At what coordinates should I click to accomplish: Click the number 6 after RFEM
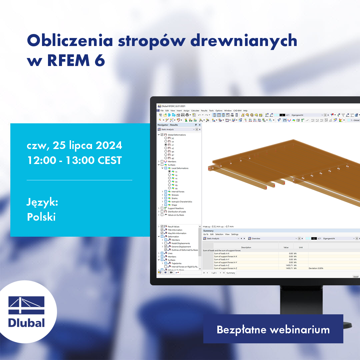100,60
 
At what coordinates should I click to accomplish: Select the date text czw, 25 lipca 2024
74,146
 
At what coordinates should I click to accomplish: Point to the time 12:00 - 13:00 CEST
74,160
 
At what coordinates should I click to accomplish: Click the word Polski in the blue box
41,217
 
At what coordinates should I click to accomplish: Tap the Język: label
42,202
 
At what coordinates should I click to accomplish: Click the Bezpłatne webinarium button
273,329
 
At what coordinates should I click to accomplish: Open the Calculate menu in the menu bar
195,111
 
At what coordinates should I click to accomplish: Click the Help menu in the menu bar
245,111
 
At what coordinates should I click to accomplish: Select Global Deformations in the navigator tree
177,135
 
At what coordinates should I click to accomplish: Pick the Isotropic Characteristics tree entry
182,202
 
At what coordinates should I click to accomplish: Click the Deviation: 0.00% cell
316,268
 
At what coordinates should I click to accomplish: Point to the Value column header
286,247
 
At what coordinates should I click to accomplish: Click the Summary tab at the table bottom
231,273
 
